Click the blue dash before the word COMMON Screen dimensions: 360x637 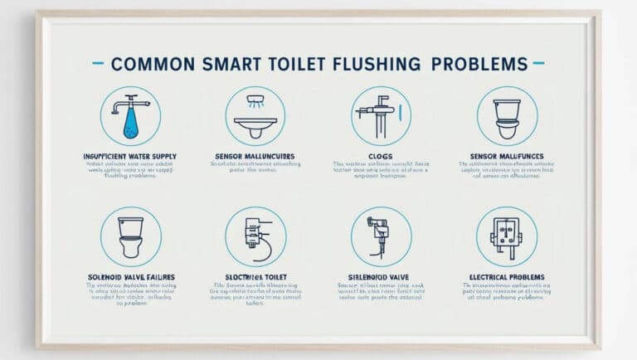pos(98,63)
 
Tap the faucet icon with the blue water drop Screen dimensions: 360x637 pos(130,115)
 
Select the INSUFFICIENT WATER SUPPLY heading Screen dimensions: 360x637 pos(130,156)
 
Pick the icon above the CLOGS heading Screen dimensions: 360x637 pos(381,115)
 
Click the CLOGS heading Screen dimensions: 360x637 pos(381,156)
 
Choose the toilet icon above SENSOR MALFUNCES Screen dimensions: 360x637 pos(507,115)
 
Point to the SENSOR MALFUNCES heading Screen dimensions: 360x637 pos(507,156)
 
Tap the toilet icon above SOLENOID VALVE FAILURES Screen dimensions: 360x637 pos(130,236)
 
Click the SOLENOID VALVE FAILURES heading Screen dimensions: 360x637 pos(130,276)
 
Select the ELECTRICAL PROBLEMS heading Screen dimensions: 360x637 pos(507,276)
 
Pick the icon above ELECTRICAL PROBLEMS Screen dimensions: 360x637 pos(507,236)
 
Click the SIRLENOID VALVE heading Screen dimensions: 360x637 pos(381,276)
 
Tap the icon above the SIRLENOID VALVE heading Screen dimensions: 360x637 pos(381,236)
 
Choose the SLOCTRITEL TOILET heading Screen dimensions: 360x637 pos(255,276)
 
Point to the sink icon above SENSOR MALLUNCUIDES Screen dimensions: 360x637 pos(255,115)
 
